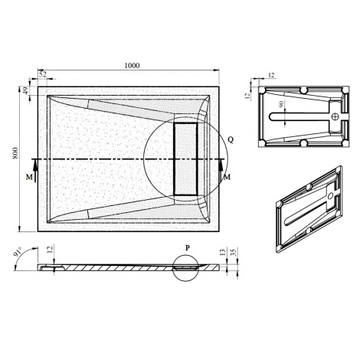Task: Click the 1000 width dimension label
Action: (132, 66)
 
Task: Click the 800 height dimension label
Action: (15, 153)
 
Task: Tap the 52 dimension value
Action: (43, 74)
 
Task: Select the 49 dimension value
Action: (25, 91)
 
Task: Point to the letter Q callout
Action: (231, 139)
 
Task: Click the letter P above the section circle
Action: (188, 247)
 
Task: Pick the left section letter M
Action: (29, 177)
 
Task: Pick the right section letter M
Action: (227, 177)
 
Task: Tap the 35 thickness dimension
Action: (234, 253)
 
